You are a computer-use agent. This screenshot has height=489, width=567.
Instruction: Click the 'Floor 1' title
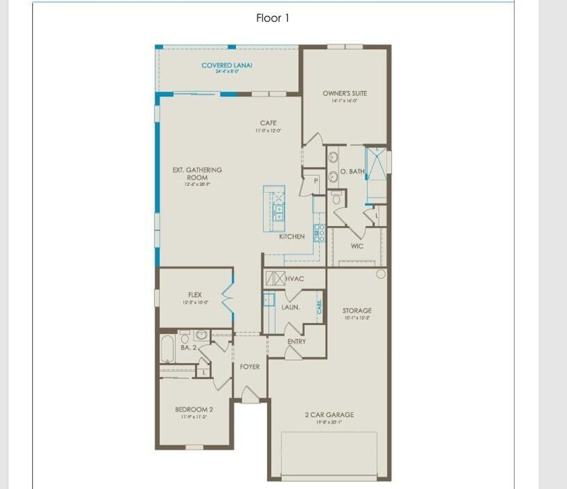[272, 18]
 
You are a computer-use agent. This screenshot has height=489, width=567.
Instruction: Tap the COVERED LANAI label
[226, 66]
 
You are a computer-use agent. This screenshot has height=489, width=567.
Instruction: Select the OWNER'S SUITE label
[344, 93]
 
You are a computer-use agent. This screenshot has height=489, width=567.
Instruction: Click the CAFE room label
[268, 123]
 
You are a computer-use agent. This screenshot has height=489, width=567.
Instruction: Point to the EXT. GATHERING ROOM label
[197, 174]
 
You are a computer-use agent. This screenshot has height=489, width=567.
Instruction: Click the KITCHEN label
[292, 237]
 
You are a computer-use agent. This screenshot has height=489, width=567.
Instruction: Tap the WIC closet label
[357, 246]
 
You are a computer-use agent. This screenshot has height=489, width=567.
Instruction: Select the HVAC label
[295, 279]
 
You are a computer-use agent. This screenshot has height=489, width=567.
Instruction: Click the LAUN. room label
[291, 307]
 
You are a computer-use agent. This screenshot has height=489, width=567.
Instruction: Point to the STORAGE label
[357, 311]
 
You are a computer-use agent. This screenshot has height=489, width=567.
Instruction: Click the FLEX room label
[195, 295]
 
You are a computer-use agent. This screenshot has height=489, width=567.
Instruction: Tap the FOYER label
[250, 367]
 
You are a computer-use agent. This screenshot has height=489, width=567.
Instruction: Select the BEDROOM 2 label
[194, 410]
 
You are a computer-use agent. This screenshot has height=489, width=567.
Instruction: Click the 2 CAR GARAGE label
[329, 415]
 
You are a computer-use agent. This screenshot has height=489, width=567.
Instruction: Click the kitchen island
[274, 209]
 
